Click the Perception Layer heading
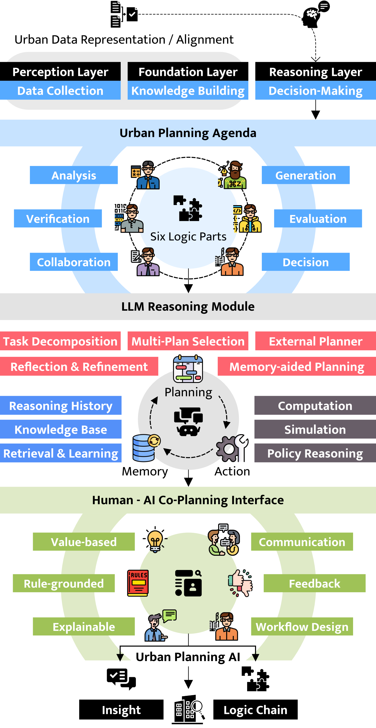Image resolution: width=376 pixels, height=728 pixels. click(60, 72)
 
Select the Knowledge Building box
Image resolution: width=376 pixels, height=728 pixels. click(188, 90)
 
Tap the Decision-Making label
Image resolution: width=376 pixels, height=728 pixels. click(315, 90)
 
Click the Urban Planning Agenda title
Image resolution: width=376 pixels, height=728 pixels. click(188, 133)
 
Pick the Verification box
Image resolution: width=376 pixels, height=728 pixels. click(58, 218)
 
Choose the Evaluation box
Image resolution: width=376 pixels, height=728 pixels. click(318, 218)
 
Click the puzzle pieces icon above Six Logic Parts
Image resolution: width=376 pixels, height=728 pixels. click(188, 208)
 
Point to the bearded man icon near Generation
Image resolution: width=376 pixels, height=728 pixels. click(233, 175)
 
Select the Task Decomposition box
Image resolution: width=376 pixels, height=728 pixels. click(60, 341)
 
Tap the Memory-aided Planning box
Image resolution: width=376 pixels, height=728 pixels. click(297, 366)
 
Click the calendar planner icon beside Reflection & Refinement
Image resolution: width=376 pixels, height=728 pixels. click(188, 369)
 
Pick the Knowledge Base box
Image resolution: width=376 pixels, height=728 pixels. click(61, 429)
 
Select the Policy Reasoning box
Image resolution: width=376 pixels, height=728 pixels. click(315, 453)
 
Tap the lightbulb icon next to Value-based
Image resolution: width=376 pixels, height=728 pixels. click(155, 542)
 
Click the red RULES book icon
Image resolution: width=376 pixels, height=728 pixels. click(138, 583)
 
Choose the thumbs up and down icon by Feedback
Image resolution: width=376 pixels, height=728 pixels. click(240, 583)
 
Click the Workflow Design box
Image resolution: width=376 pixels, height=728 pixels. click(302, 627)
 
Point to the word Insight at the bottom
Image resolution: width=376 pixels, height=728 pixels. click(121, 710)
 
